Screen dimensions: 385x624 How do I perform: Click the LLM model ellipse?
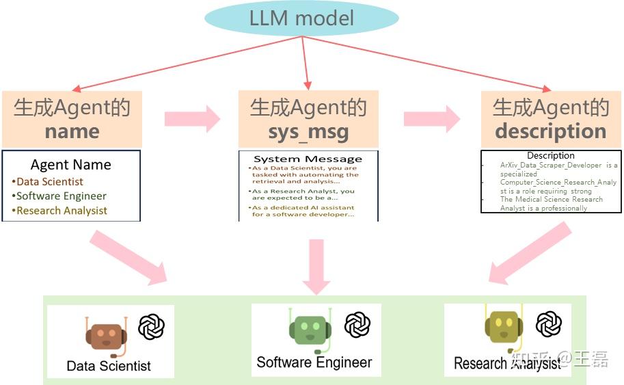[301, 18]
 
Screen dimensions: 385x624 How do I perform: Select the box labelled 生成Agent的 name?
[72, 118]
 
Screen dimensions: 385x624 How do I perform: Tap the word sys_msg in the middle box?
[308, 131]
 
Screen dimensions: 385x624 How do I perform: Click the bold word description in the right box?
[551, 131]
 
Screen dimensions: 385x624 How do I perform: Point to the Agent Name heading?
[71, 165]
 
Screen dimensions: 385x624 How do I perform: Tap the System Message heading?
[308, 159]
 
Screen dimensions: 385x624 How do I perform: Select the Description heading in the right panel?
[551, 155]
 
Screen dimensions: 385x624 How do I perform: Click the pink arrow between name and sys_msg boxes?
[192, 119]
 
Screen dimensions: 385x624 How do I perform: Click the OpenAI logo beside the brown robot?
[151, 327]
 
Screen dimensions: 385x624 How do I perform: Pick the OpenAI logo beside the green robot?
[357, 325]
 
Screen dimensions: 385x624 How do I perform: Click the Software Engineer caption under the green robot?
[314, 362]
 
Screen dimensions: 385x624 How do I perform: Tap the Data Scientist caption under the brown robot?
[109, 366]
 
